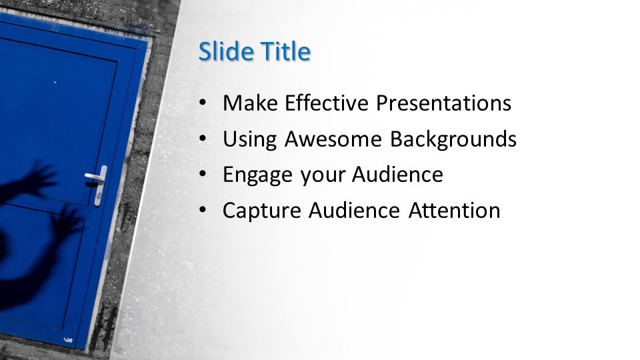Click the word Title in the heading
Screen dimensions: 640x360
(x=286, y=51)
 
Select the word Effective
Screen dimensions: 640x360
(x=327, y=103)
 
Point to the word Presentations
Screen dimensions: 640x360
(x=443, y=103)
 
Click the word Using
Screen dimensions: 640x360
(x=250, y=139)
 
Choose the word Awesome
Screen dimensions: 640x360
(x=333, y=139)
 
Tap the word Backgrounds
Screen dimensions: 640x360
(x=453, y=139)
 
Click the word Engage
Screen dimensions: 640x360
(x=257, y=175)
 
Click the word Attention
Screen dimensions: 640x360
(x=454, y=211)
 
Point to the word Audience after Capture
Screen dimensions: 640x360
(x=354, y=211)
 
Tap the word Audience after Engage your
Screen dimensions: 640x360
(x=397, y=175)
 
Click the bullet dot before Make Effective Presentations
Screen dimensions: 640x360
(x=203, y=103)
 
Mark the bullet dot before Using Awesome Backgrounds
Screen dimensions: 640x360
(x=203, y=139)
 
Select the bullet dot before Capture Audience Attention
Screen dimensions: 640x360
(x=203, y=211)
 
